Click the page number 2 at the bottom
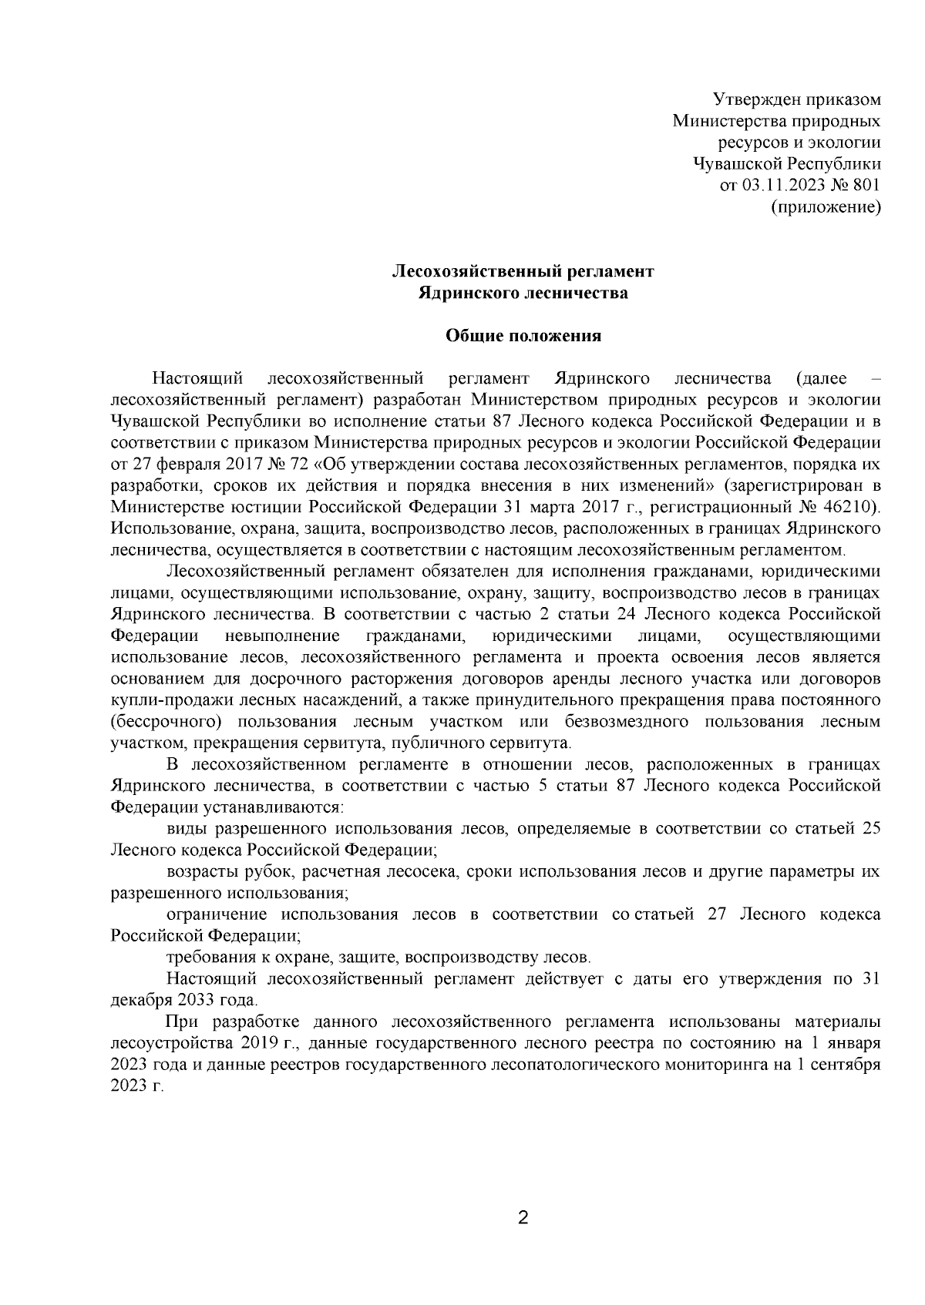pos(523,1218)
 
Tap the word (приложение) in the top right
pos(826,206)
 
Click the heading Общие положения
pos(523,336)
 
